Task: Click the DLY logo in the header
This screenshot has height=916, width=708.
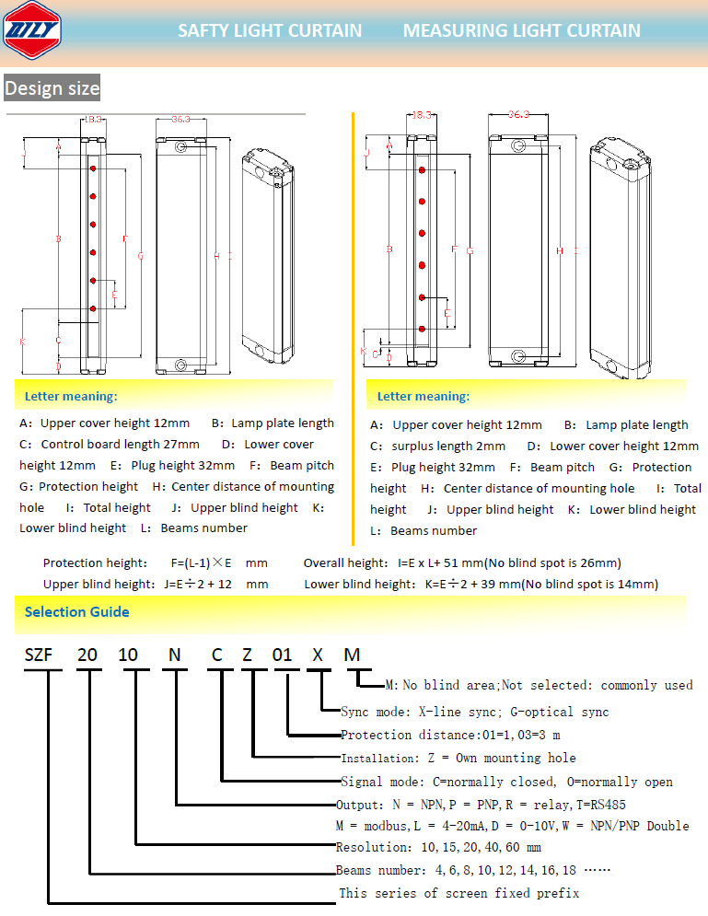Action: (x=35, y=31)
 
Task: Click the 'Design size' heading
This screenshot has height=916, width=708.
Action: (x=52, y=88)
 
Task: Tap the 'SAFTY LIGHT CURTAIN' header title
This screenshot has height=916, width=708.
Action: (x=270, y=30)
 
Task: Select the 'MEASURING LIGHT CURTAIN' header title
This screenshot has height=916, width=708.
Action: (x=521, y=30)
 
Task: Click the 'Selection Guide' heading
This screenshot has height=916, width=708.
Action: (x=76, y=612)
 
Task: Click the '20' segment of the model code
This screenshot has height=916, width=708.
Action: (x=87, y=655)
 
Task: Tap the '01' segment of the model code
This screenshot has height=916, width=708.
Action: (x=282, y=655)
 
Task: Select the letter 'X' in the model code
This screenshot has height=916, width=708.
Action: (x=318, y=655)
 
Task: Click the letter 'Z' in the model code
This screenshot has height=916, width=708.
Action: (x=247, y=655)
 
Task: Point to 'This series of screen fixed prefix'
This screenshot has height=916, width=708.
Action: (x=458, y=893)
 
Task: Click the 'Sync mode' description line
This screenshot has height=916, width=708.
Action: (x=474, y=712)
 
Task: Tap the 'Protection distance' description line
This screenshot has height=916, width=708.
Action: (x=449, y=735)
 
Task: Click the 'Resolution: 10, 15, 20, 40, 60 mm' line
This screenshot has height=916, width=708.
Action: (x=437, y=847)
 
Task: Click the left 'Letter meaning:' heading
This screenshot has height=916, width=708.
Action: (x=71, y=397)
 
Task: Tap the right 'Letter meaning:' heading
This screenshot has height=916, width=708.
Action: (x=423, y=397)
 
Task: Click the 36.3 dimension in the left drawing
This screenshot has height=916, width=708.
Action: (x=180, y=119)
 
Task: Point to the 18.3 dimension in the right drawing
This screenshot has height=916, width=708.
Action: (x=421, y=115)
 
